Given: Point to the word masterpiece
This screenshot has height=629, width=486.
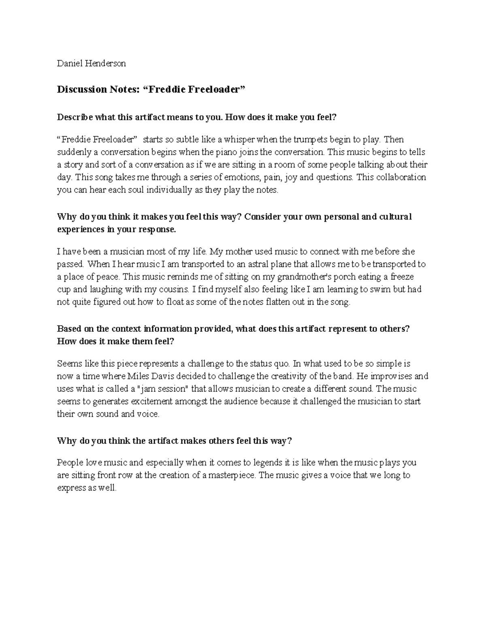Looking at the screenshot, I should click(232, 475).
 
